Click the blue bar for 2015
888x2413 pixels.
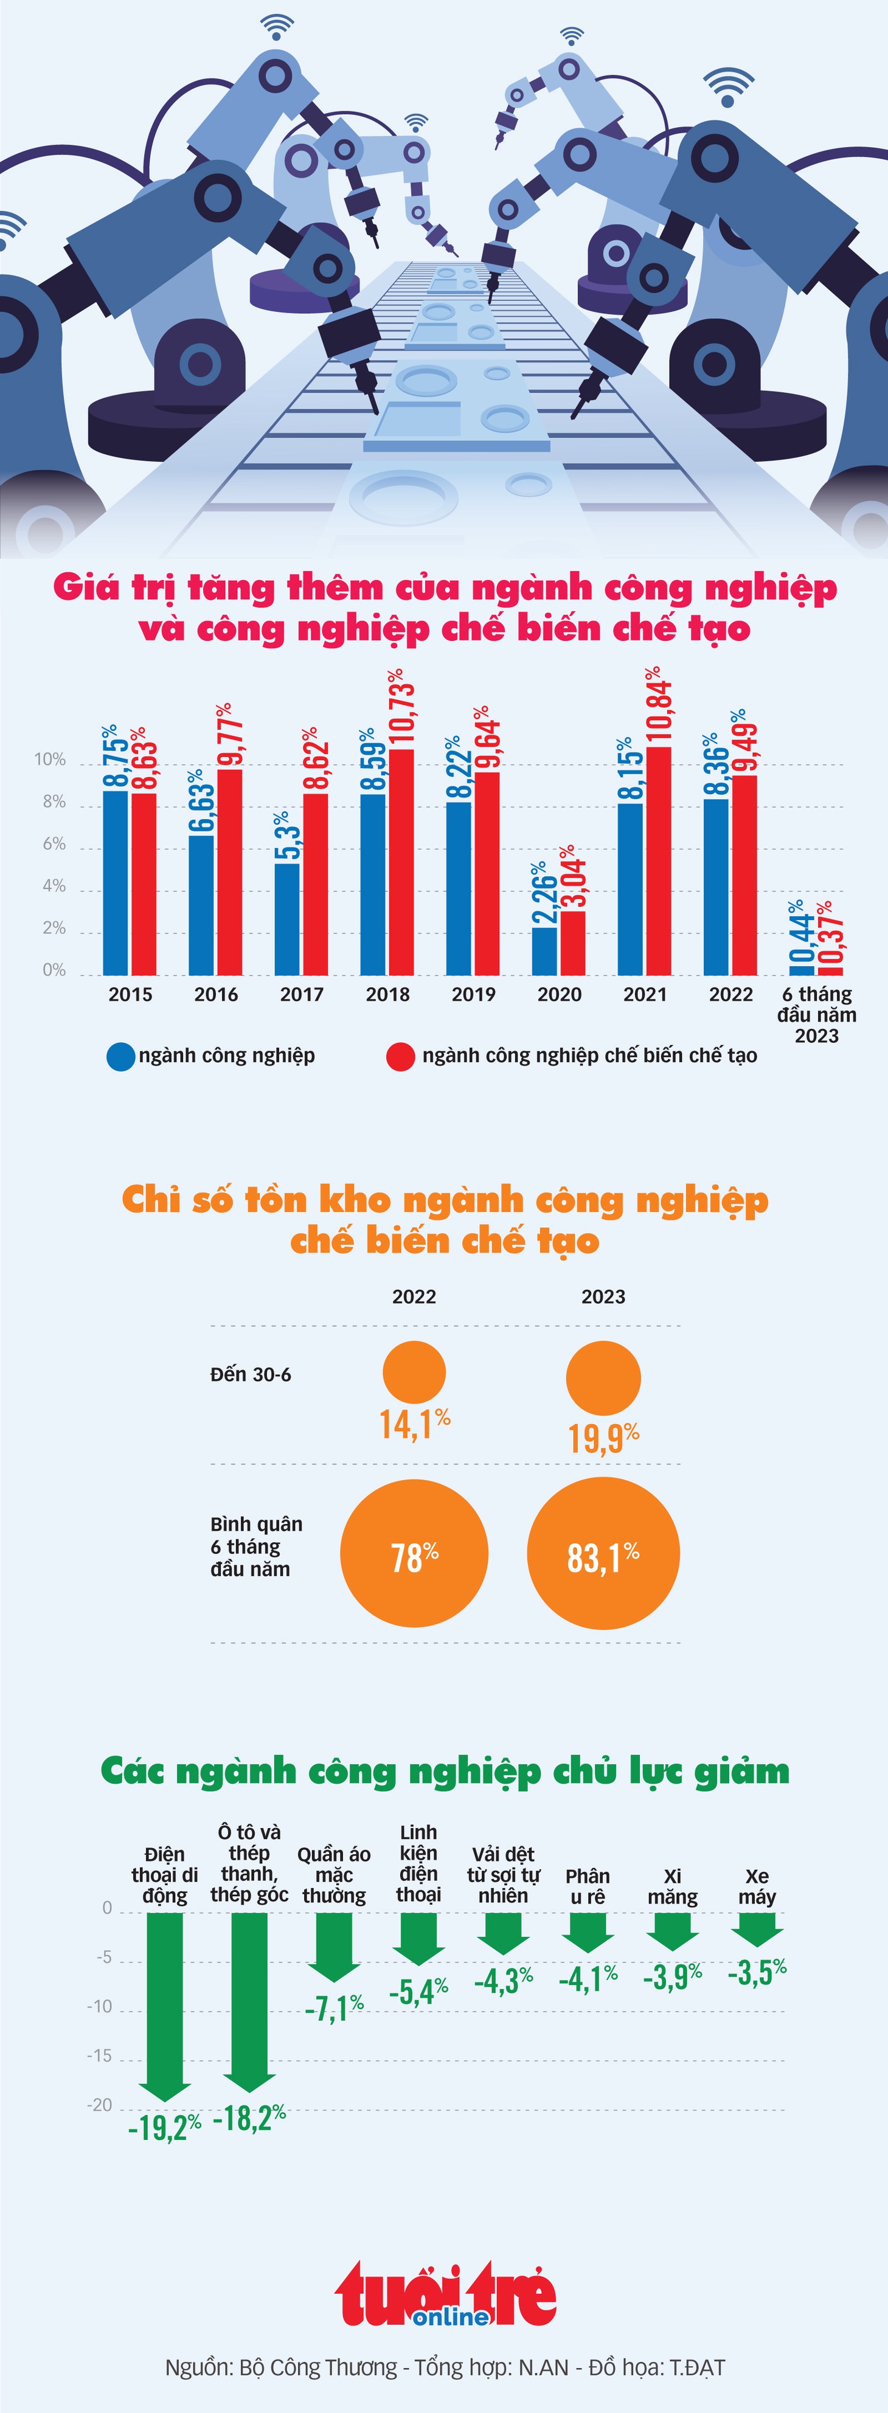coord(115,882)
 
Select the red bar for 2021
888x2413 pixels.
coord(659,861)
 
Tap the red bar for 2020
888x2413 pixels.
coord(572,943)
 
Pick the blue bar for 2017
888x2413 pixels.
coord(288,919)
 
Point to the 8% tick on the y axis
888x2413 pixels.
coord(54,802)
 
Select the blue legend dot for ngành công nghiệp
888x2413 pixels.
coord(121,1057)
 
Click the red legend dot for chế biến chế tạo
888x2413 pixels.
coord(401,1057)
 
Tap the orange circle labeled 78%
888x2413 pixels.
coord(414,1553)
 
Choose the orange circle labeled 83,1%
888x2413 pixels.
coord(603,1553)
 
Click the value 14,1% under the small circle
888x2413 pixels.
coord(415,1424)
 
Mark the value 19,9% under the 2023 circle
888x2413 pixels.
coord(604,1437)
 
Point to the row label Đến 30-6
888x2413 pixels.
coord(251,1374)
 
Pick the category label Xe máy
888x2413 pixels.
coord(757,1886)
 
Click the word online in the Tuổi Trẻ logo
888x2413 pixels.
coord(451,2316)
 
